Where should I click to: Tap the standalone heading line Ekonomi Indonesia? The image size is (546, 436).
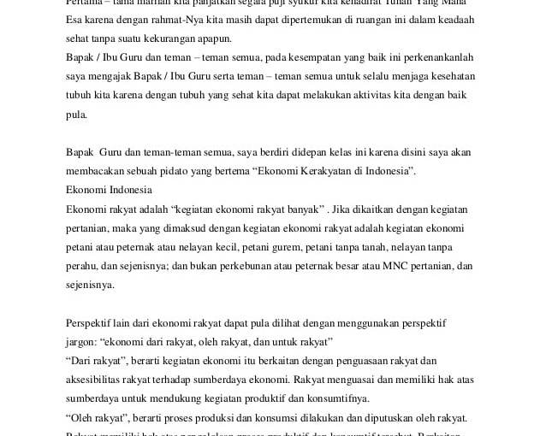pyautogui.click(x=109, y=189)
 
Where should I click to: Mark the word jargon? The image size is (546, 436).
pyautogui.click(x=82, y=342)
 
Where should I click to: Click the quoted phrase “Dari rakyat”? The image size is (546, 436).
pyautogui.click(x=96, y=361)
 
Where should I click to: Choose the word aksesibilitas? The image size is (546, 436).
pyautogui.click(x=100, y=379)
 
